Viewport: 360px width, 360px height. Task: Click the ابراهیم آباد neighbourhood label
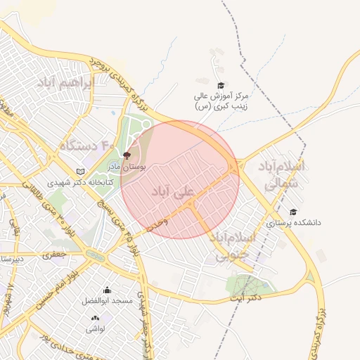click(67, 82)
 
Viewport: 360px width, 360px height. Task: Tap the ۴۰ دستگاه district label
click(86, 145)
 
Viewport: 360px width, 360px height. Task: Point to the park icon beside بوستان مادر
click(127, 155)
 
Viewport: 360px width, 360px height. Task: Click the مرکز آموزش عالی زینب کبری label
click(221, 101)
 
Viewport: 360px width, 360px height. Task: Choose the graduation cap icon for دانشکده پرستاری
click(293, 212)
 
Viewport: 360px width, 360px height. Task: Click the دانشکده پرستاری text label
click(294, 222)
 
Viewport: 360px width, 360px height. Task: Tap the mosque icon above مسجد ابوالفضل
click(107, 290)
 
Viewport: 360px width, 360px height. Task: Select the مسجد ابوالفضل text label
click(107, 300)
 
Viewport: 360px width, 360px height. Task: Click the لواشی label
click(95, 328)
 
